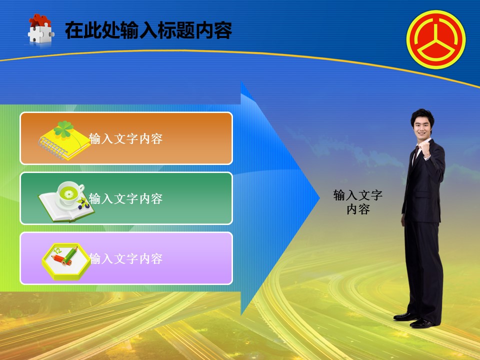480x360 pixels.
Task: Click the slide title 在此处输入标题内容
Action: (148, 30)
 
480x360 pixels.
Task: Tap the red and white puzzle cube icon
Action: (40, 29)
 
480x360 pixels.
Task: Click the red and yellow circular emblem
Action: (436, 39)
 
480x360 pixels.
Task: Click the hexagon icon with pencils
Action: (66, 261)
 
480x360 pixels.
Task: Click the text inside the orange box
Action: (125, 138)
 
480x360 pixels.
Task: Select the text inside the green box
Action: (125, 198)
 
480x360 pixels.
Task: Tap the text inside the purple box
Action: (125, 258)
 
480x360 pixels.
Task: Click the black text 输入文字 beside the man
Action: (358, 195)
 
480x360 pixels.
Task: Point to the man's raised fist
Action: (425, 149)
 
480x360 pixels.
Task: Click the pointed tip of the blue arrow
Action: (319, 198)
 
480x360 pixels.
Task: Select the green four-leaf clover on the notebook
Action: (63, 129)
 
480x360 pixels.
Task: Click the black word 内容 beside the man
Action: (358, 209)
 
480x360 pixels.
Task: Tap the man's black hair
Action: (422, 115)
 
